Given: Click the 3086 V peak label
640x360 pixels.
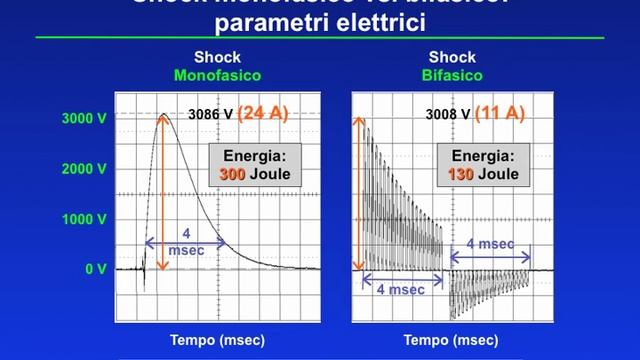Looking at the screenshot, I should (x=210, y=114).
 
